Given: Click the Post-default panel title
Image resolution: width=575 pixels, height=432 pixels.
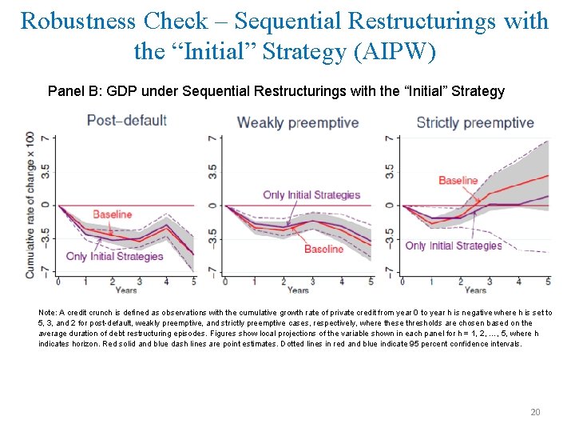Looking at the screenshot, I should pos(126,121).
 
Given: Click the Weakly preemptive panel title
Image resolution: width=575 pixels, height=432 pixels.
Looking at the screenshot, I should pos(297,122).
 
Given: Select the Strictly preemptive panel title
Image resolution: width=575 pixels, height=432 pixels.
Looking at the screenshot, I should pos(474,122).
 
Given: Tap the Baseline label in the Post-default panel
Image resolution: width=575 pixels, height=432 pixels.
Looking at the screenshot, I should pos(112,214).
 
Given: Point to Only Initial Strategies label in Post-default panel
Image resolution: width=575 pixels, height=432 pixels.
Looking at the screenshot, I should pos(114,257).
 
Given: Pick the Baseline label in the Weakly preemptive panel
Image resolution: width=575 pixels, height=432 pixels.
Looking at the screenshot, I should pos(323,249).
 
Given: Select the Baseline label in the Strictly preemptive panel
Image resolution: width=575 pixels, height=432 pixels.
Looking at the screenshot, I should pos(458,181).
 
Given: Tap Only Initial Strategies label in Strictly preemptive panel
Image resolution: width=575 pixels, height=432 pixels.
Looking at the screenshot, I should pos(453,246).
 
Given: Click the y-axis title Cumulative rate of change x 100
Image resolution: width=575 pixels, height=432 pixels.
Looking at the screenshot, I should pos(30,204).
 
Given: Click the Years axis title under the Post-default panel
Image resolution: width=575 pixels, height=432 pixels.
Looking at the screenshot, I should pos(125,290).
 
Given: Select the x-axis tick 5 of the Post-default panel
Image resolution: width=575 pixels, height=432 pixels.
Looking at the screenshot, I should pos(194,282).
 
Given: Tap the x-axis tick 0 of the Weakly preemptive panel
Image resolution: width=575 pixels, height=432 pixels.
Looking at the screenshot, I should pos(225,282).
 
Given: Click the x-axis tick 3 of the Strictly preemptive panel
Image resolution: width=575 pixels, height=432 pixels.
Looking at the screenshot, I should pos(490,282).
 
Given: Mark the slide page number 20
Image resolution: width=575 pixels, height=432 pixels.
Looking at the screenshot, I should pos(535,412).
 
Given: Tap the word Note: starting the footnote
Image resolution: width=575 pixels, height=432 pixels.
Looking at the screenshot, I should pos(48,312).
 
